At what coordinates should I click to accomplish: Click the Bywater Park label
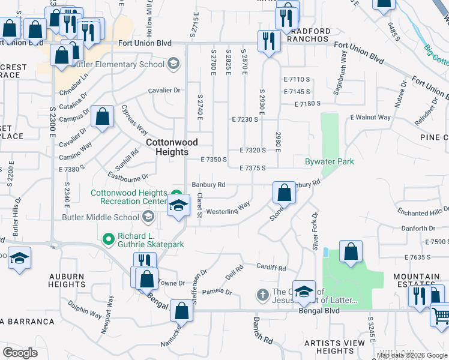coord(330,161)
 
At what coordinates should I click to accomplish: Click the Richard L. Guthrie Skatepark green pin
coord(109,239)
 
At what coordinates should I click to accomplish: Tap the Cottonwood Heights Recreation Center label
coord(128,197)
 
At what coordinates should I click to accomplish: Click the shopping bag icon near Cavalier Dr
coord(103,118)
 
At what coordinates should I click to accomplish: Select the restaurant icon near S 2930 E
coord(267,41)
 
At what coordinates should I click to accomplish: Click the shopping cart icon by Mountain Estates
coord(441,314)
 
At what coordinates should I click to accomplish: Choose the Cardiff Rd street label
coord(271,268)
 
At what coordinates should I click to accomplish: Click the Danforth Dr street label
coord(418,228)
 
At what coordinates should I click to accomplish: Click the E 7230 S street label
coord(245,119)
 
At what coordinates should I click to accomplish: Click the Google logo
coord(20,352)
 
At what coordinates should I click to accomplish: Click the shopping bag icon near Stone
coord(285,193)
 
